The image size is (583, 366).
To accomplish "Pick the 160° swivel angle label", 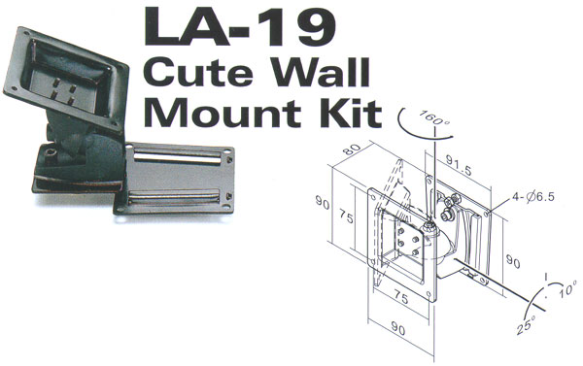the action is point(433,117).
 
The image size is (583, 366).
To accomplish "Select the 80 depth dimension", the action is point(352,150).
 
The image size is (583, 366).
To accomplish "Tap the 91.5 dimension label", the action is point(459,165).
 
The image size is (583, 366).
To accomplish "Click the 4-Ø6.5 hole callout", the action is point(533,196).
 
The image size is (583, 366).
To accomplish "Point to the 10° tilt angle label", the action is point(567,289).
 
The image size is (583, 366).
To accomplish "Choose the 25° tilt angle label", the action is point(526,324).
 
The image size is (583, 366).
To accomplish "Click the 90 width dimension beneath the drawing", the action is point(397,328).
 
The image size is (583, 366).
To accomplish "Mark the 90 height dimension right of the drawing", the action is point(513,262).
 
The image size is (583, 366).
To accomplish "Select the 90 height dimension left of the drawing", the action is point(323,203).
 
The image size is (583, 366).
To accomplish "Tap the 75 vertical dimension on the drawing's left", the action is point(346,216).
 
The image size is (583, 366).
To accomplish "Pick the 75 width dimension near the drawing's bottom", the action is point(400,298).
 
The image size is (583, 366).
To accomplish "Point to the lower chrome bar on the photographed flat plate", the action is point(174,197).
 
